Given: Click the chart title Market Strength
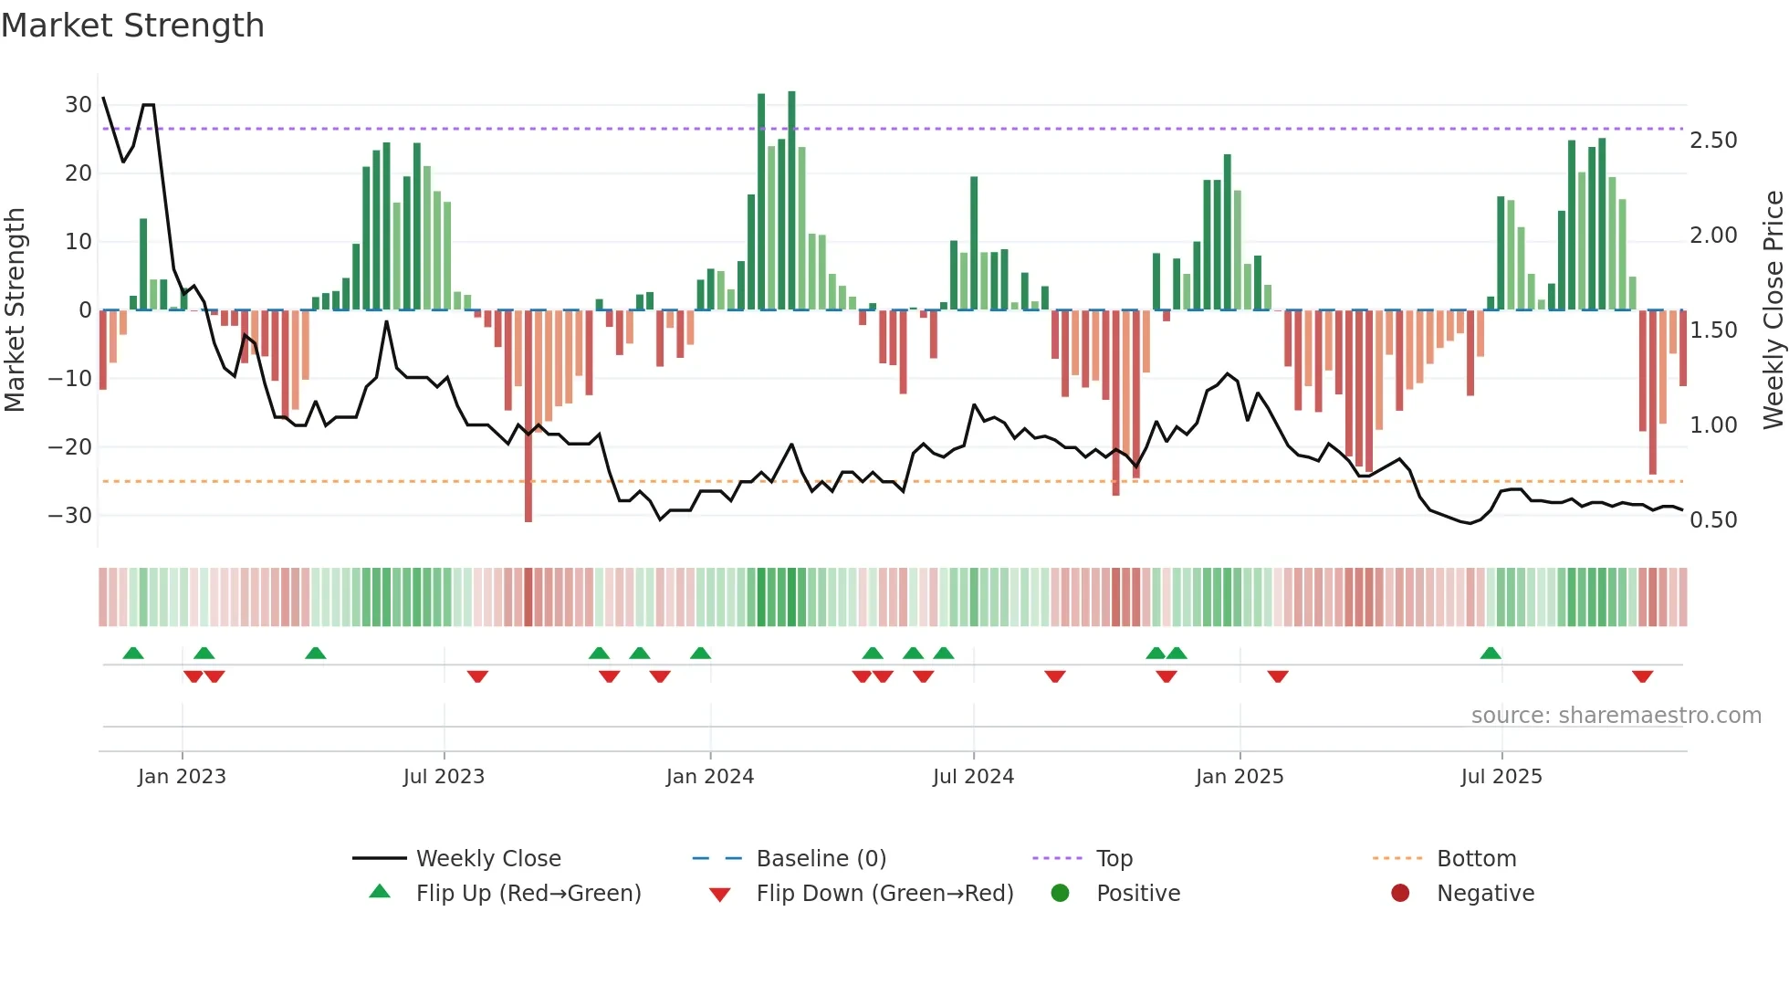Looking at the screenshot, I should click(132, 26).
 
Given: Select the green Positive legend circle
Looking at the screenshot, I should click(1060, 893).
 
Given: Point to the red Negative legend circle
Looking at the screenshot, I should click(1400, 893).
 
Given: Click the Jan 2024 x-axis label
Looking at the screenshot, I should click(709, 776).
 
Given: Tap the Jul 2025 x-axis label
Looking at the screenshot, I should click(1501, 776).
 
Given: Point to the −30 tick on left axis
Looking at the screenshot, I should click(70, 516).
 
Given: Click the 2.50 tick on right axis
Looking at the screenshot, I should click(1713, 141).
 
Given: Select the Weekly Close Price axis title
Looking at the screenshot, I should click(1773, 310).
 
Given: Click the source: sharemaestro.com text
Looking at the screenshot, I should click(1616, 715).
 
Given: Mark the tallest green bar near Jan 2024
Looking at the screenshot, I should click(791, 201).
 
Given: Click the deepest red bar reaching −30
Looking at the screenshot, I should click(528, 415).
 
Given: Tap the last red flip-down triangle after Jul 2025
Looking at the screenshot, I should click(1642, 676).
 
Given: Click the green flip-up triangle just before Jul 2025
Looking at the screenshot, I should click(1490, 653).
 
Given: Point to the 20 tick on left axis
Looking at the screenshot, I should click(78, 173).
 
